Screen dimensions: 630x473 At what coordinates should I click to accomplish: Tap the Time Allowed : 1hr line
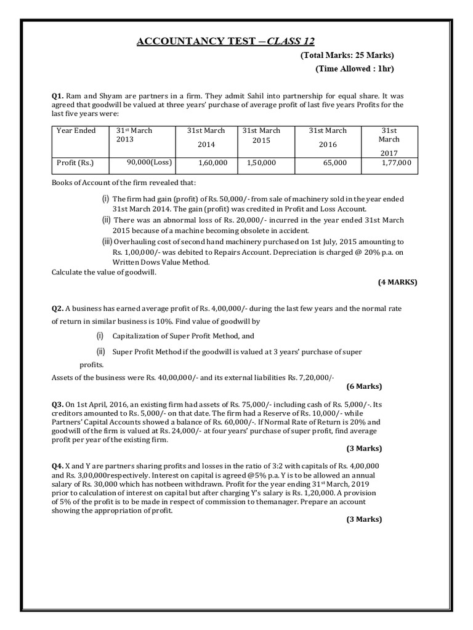click(x=354, y=69)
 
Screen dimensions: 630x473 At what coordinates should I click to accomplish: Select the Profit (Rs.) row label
click(x=73, y=163)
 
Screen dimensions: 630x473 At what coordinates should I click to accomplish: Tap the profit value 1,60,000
click(x=213, y=163)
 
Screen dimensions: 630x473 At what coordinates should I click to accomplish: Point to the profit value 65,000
click(x=334, y=163)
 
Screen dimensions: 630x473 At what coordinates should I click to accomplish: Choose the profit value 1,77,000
click(x=397, y=163)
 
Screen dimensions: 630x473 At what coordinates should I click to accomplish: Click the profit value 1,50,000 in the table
click(x=261, y=163)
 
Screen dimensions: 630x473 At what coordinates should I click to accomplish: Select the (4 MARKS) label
click(x=397, y=282)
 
